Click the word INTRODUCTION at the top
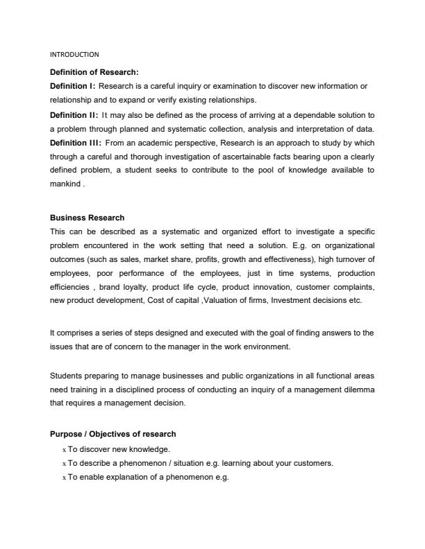[x=75, y=54]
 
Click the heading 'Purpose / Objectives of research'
[x=113, y=434]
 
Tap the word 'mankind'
[x=66, y=184]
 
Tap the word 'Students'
[x=66, y=376]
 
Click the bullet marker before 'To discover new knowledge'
[x=64, y=449]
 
